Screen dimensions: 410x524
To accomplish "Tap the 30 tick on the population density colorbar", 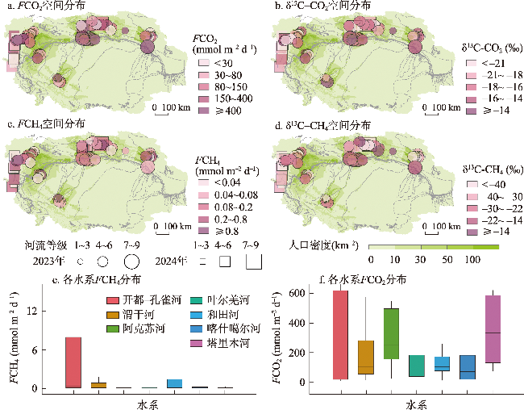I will click(x=420, y=260).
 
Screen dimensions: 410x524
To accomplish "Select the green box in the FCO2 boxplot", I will click(x=392, y=344).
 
